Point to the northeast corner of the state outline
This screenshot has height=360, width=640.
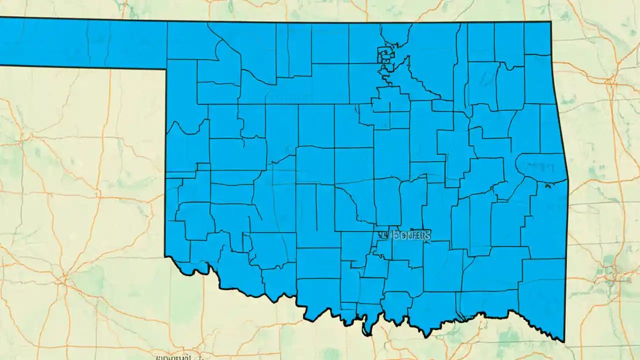coord(550,22)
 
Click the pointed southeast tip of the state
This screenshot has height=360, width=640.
coord(563,341)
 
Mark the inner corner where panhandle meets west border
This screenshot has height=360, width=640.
coord(166,68)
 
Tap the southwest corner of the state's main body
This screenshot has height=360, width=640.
coord(165,256)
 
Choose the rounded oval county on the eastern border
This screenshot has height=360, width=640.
coord(541,164)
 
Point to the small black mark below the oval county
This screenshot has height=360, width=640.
coord(548,186)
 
